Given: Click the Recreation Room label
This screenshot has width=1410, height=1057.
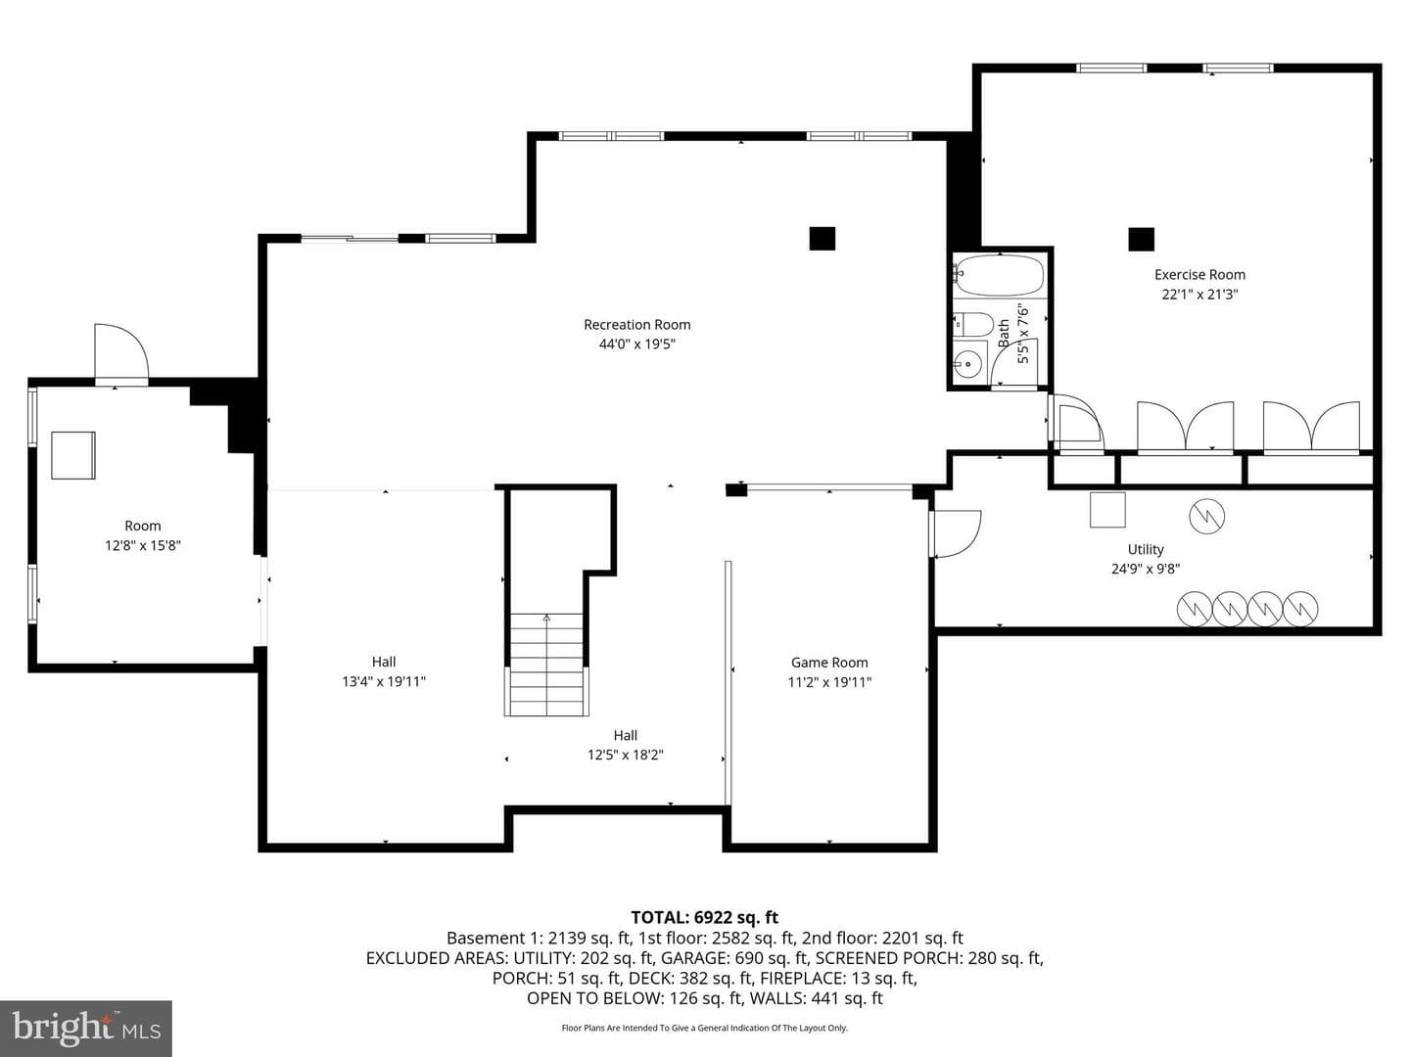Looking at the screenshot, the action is click(x=636, y=325).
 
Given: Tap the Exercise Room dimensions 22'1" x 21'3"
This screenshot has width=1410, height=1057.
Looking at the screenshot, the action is click(x=1199, y=295).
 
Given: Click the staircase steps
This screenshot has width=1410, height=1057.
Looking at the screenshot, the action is click(x=546, y=664).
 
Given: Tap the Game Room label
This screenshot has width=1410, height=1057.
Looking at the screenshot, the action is click(x=828, y=663).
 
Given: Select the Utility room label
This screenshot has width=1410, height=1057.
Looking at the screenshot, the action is click(x=1146, y=549).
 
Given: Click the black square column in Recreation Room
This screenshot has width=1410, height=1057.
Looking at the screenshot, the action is click(x=822, y=238).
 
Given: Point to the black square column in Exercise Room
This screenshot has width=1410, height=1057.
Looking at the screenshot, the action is click(x=1141, y=240).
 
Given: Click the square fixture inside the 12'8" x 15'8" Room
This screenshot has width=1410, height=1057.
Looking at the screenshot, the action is click(x=73, y=455).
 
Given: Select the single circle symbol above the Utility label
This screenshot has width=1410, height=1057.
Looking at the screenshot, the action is click(x=1206, y=516).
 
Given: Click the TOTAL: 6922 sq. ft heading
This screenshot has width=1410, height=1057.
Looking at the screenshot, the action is click(x=704, y=917).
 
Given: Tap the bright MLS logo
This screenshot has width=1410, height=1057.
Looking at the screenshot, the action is click(x=86, y=1028).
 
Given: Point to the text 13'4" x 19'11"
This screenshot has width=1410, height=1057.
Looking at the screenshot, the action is click(x=384, y=681).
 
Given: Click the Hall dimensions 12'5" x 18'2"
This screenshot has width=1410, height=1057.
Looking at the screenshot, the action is click(x=625, y=755).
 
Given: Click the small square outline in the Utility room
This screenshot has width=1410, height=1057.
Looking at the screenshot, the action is click(x=1107, y=510).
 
